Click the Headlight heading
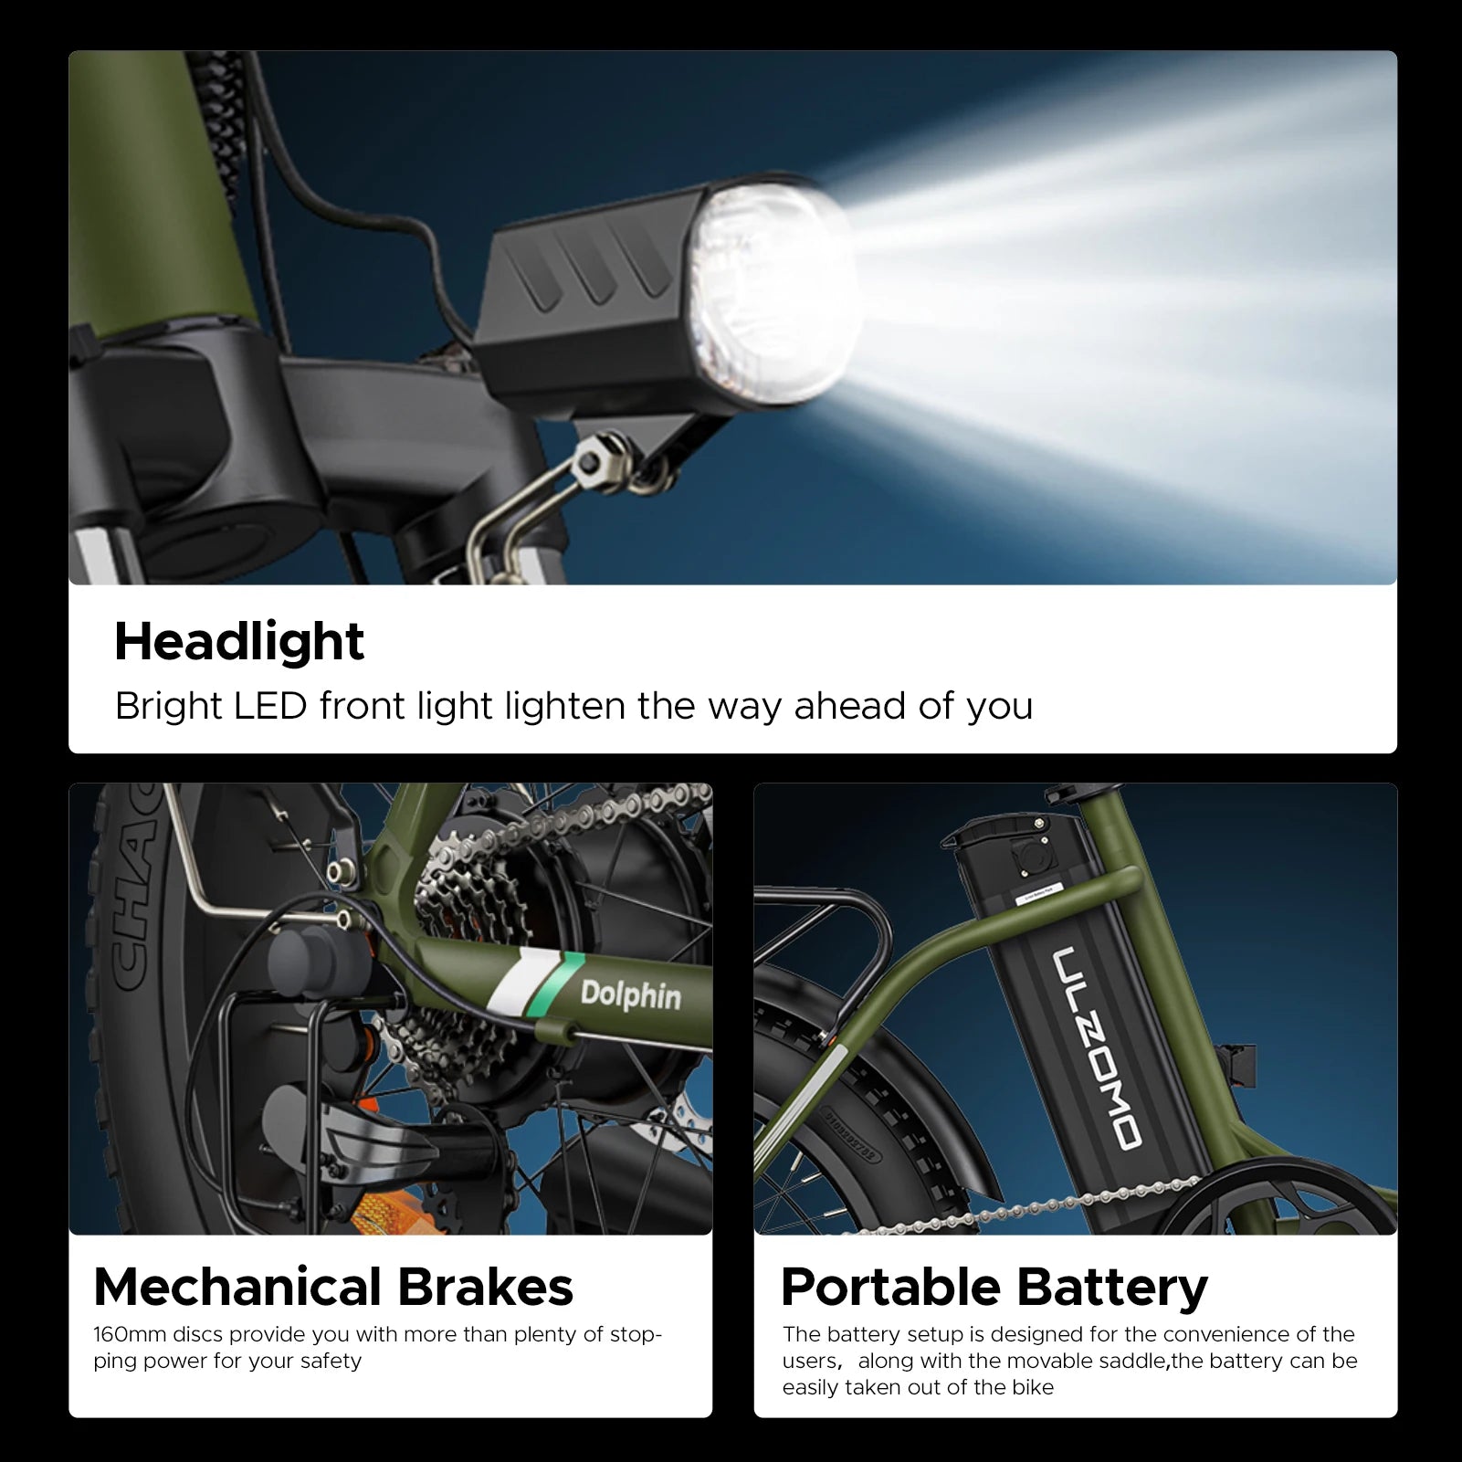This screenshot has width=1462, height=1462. click(239, 642)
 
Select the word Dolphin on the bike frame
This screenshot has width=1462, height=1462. click(631, 994)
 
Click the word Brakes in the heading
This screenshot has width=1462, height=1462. click(485, 1287)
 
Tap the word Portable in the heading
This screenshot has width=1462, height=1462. click(890, 1287)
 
